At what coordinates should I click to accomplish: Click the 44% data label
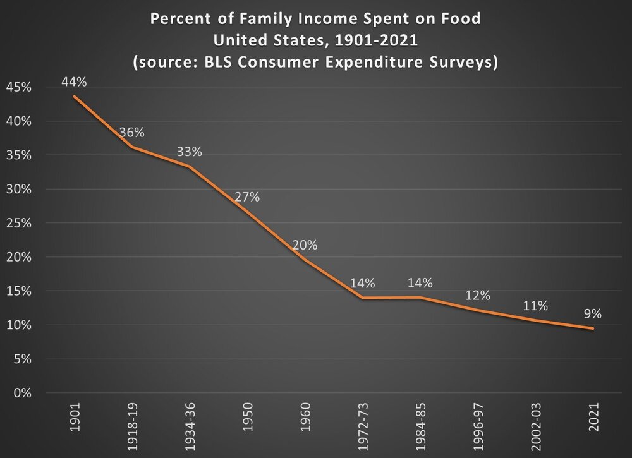click(74, 81)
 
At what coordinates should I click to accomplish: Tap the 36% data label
click(132, 133)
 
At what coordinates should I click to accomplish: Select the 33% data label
click(190, 152)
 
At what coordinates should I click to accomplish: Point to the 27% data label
click(247, 196)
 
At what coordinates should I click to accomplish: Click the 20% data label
click(305, 245)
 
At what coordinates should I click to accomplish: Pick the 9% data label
click(593, 313)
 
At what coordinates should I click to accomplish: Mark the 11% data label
click(535, 306)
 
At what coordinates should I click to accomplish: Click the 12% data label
click(478, 295)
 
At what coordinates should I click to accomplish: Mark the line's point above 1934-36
click(190, 167)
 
